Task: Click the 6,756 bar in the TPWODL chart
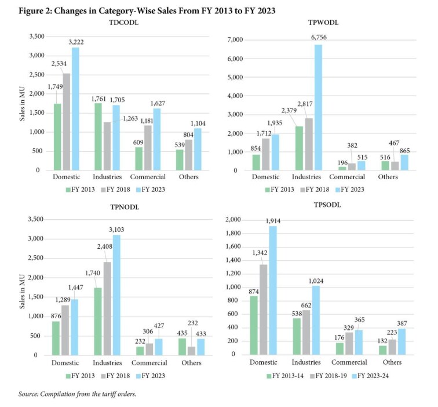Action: [x=318, y=107]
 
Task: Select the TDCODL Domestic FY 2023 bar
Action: [x=75, y=109]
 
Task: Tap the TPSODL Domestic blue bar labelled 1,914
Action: [x=273, y=290]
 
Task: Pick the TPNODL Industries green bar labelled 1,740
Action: [x=98, y=321]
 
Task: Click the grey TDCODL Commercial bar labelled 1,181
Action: [x=148, y=148]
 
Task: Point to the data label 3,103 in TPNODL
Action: [x=116, y=230]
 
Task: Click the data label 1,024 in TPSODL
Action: [x=316, y=281]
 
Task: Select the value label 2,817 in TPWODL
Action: [x=305, y=104]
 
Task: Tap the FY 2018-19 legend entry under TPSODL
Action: [x=329, y=376]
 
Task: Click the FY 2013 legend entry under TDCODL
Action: [x=80, y=190]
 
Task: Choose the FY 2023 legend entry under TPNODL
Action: [x=151, y=376]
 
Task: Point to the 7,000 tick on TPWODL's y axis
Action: [x=235, y=39]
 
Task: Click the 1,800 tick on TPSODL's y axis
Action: [x=233, y=233]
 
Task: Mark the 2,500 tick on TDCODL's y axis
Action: [x=37, y=75]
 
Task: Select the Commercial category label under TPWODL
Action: [x=347, y=177]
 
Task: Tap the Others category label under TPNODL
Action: [x=191, y=363]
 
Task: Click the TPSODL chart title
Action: [x=327, y=205]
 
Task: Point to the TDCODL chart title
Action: [x=123, y=23]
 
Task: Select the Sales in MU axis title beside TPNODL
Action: [x=23, y=292]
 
